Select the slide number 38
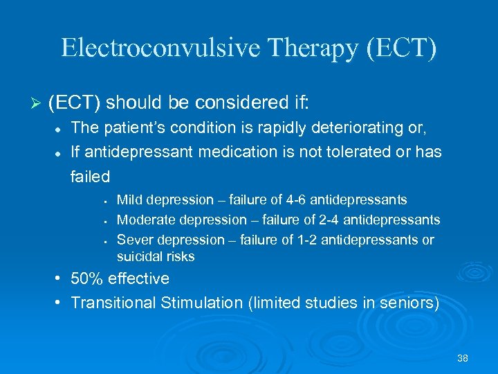pos(463,358)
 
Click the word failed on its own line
pos(90,177)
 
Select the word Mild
pos(131,200)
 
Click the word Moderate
pos(147,220)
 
